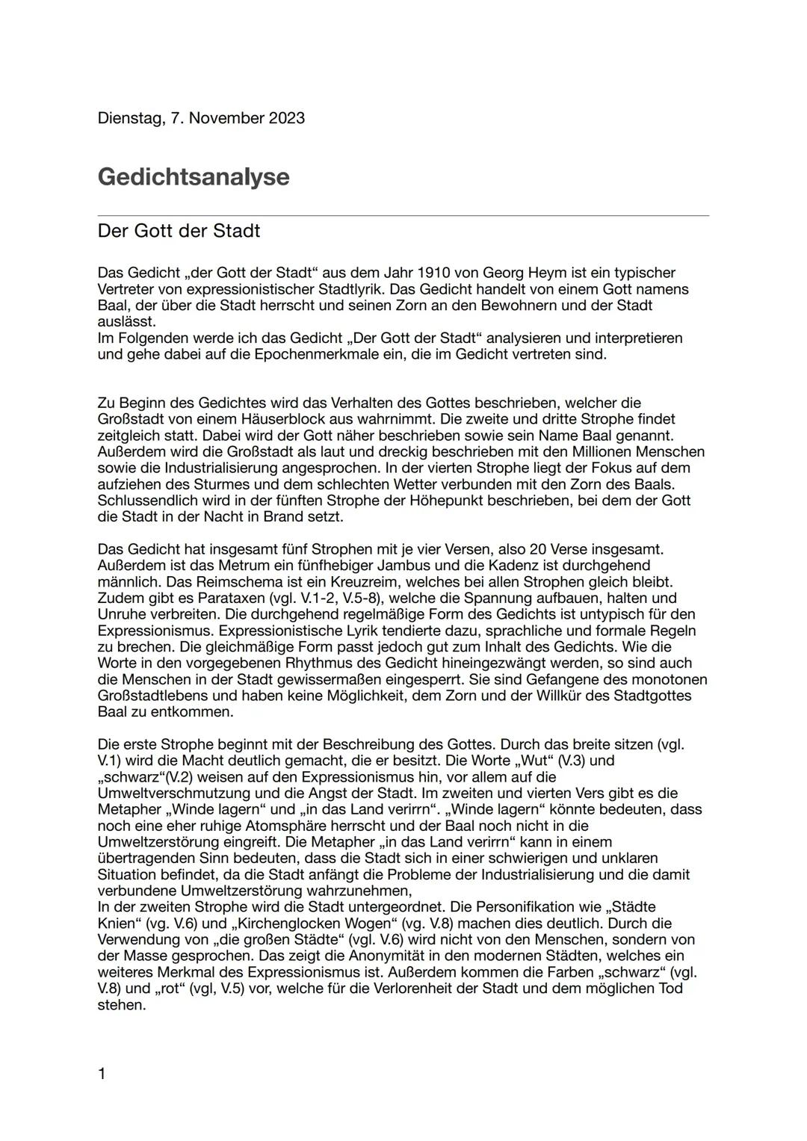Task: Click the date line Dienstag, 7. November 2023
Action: coord(201,118)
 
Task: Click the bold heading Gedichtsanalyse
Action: coord(193,177)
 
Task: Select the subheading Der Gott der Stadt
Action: coord(179,231)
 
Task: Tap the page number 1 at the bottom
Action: coord(102,1074)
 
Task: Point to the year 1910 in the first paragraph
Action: coord(436,273)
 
